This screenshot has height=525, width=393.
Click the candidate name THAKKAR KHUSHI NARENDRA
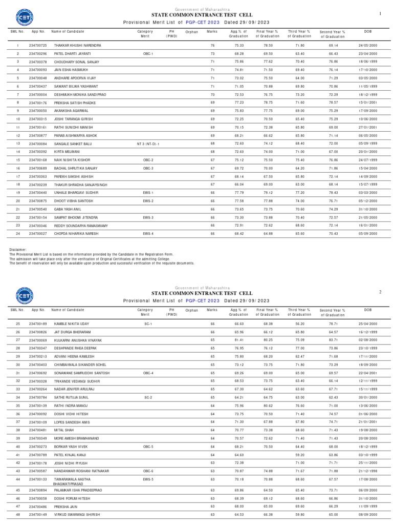pos(77,46)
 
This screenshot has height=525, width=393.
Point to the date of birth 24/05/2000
pos(367,46)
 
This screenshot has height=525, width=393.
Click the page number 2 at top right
pos(380,292)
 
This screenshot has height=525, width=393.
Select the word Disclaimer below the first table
pos(18,250)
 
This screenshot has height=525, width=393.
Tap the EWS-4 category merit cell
pos(148,234)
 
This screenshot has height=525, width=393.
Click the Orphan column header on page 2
pos(191,310)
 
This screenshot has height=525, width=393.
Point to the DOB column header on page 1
pos(367,31)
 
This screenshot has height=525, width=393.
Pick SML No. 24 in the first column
pos(17,234)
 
